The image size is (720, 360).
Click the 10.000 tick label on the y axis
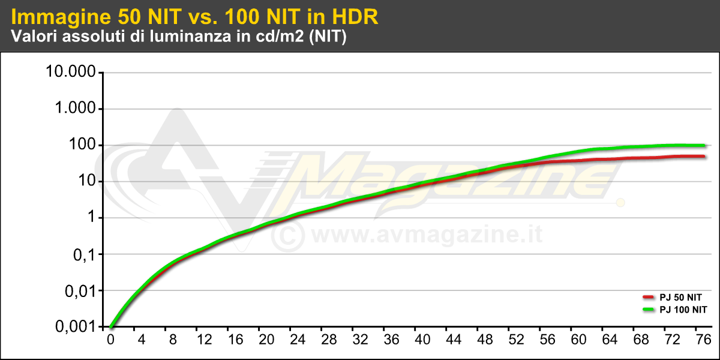[x=70, y=72]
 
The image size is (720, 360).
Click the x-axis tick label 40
[x=423, y=340]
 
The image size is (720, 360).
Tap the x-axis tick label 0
[x=110, y=340]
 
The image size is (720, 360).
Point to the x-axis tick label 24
[x=298, y=340]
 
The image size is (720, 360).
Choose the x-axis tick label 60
[x=579, y=340]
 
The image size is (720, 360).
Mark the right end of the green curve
[x=704, y=145]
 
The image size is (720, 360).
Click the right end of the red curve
[x=704, y=156]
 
